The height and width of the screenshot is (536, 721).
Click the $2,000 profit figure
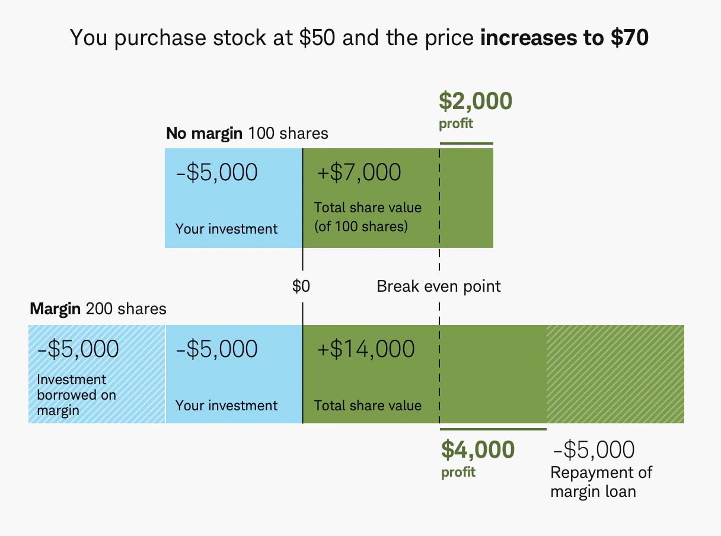[476, 101]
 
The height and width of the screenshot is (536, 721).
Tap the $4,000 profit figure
[478, 450]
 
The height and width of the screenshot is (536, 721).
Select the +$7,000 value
[359, 173]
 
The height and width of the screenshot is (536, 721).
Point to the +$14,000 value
[366, 349]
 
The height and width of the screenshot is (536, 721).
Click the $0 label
[301, 287]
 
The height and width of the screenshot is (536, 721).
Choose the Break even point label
[439, 287]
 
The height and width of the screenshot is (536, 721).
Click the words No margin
[204, 133]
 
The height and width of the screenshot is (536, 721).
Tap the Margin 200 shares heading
[98, 309]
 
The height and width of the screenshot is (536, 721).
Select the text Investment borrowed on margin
[76, 395]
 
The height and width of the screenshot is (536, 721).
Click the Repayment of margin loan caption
[601, 482]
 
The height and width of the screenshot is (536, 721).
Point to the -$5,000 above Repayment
[593, 450]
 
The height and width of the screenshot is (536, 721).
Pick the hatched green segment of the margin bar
[615, 374]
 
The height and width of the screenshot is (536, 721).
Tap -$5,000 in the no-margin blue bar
[217, 173]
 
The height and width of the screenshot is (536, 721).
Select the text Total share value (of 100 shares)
[368, 217]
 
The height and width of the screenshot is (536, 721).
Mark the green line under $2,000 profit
[466, 143]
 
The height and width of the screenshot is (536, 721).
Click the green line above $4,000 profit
[493, 429]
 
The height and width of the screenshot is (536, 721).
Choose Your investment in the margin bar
[226, 406]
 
